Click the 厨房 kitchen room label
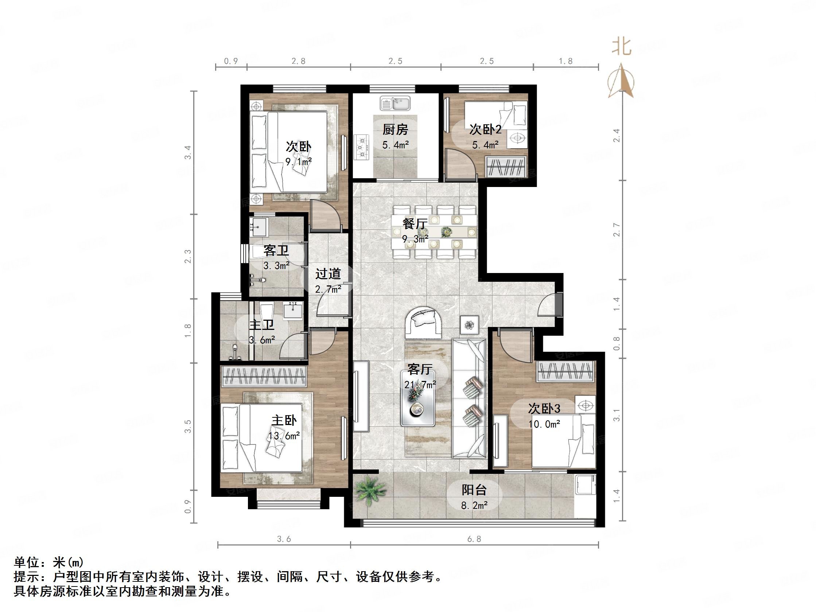[x=395, y=129]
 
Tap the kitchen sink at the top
[x=395, y=103]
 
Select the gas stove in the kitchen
[x=362, y=147]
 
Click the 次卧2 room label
[x=485, y=129]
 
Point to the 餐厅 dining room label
[x=415, y=223]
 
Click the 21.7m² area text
[x=420, y=385]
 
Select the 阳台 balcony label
[x=474, y=490]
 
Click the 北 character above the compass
[x=622, y=47]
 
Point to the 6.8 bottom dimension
[x=474, y=539]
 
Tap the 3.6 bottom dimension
[x=284, y=539]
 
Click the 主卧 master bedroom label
[x=284, y=420]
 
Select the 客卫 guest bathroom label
[x=276, y=251]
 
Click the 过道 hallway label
[x=328, y=274]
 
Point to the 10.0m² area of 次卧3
[x=544, y=424]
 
